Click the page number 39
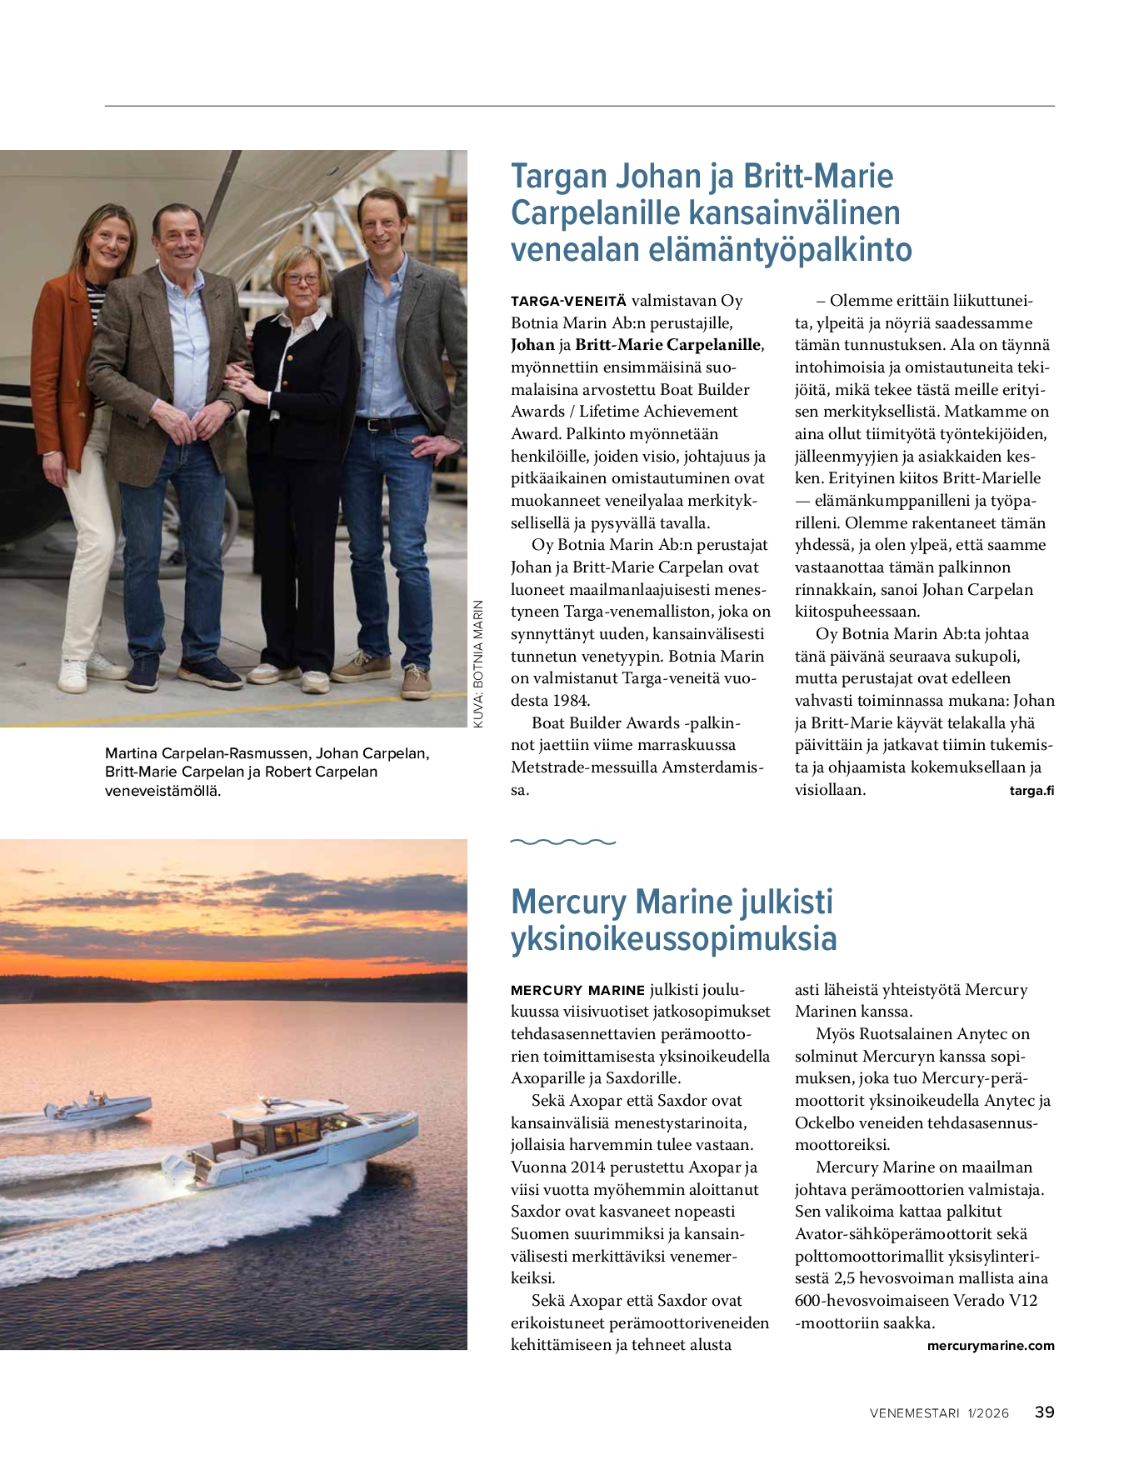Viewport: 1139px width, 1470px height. pos(1044,1412)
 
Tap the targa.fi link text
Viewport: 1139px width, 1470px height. pos(1031,791)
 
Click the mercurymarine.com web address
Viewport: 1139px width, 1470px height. pos(990,1346)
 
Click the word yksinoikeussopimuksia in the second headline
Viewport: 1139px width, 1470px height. pos(673,938)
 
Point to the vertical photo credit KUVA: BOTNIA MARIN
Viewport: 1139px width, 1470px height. pos(478,664)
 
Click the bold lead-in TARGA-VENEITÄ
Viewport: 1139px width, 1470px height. pos(568,302)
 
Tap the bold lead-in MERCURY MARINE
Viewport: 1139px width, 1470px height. pos(577,990)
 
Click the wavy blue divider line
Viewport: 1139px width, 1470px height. pos(562,842)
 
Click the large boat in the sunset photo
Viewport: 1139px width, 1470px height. pos(283,1142)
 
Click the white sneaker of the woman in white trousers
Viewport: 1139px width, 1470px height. pos(73,675)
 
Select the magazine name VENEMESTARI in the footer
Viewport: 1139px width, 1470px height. pos(914,1413)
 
